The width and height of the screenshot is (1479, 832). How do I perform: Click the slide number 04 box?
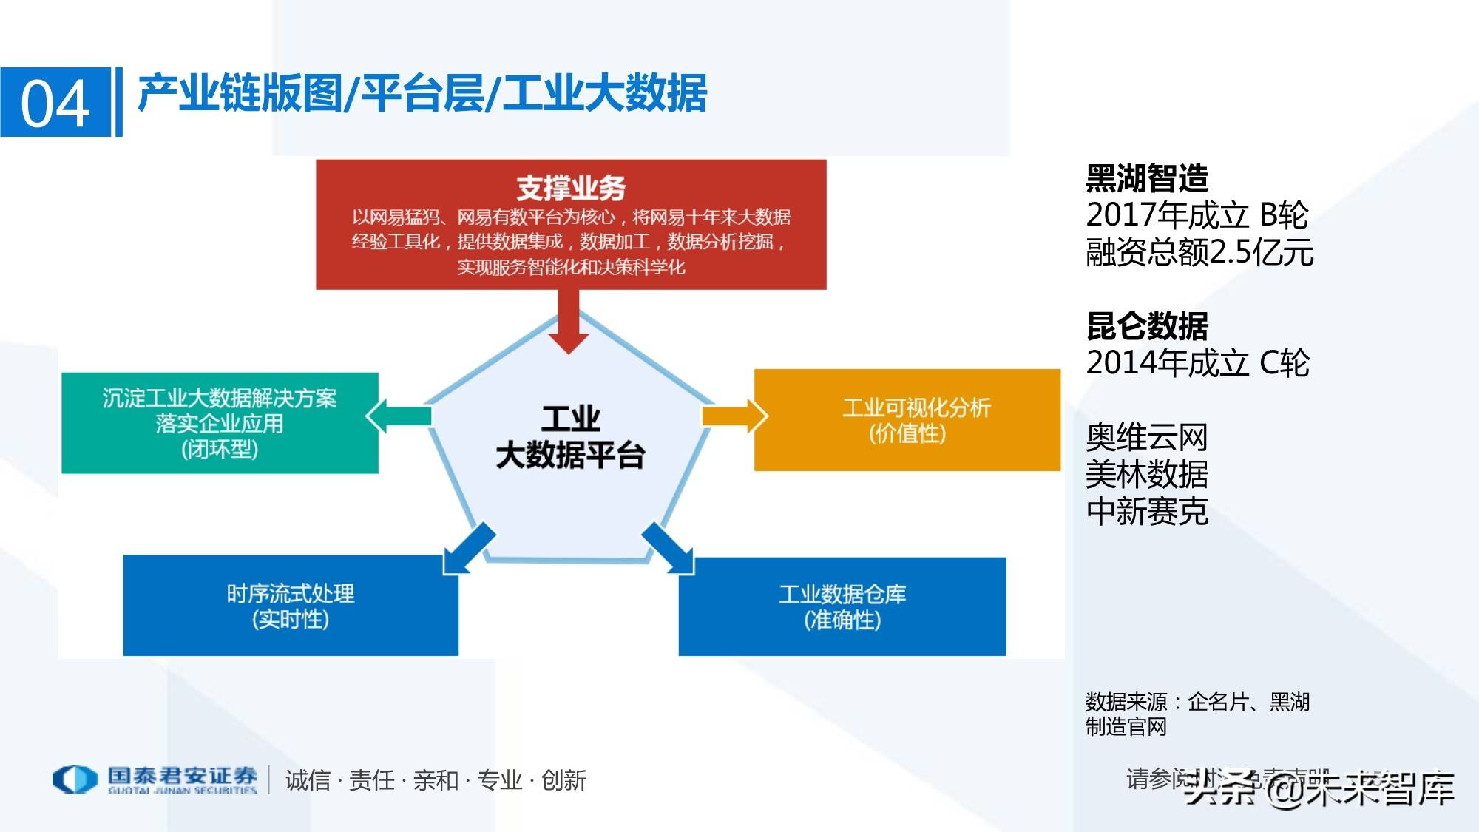pos(55,102)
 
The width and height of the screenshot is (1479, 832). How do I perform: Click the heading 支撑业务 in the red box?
pos(570,187)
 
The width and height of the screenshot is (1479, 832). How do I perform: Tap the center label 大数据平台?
pos(570,456)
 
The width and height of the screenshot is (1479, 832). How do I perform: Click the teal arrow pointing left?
pos(399,416)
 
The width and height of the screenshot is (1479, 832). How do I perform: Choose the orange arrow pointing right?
pos(734,416)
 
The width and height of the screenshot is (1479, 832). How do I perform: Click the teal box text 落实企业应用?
pos(220,424)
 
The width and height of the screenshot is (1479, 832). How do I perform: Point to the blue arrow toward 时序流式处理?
pos(468,548)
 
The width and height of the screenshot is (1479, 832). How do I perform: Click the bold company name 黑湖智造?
pos(1147,178)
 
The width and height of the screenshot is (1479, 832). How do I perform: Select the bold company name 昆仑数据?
pos(1147,326)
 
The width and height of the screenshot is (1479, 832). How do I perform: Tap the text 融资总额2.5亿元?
pos(1199,252)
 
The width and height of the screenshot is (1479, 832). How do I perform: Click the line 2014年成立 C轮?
pos(1197,363)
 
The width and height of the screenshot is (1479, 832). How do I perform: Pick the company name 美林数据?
pos(1147,474)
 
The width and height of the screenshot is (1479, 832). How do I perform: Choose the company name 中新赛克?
pos(1147,511)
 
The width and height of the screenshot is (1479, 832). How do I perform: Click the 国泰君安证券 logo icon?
pos(75,779)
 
